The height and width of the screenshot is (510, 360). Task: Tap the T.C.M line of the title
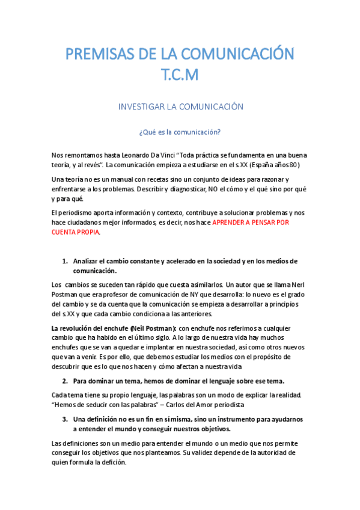coord(180,75)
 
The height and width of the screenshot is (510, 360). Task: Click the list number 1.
coord(66,261)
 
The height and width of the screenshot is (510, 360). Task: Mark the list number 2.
coord(66,381)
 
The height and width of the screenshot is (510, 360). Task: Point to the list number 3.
coord(66,419)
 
